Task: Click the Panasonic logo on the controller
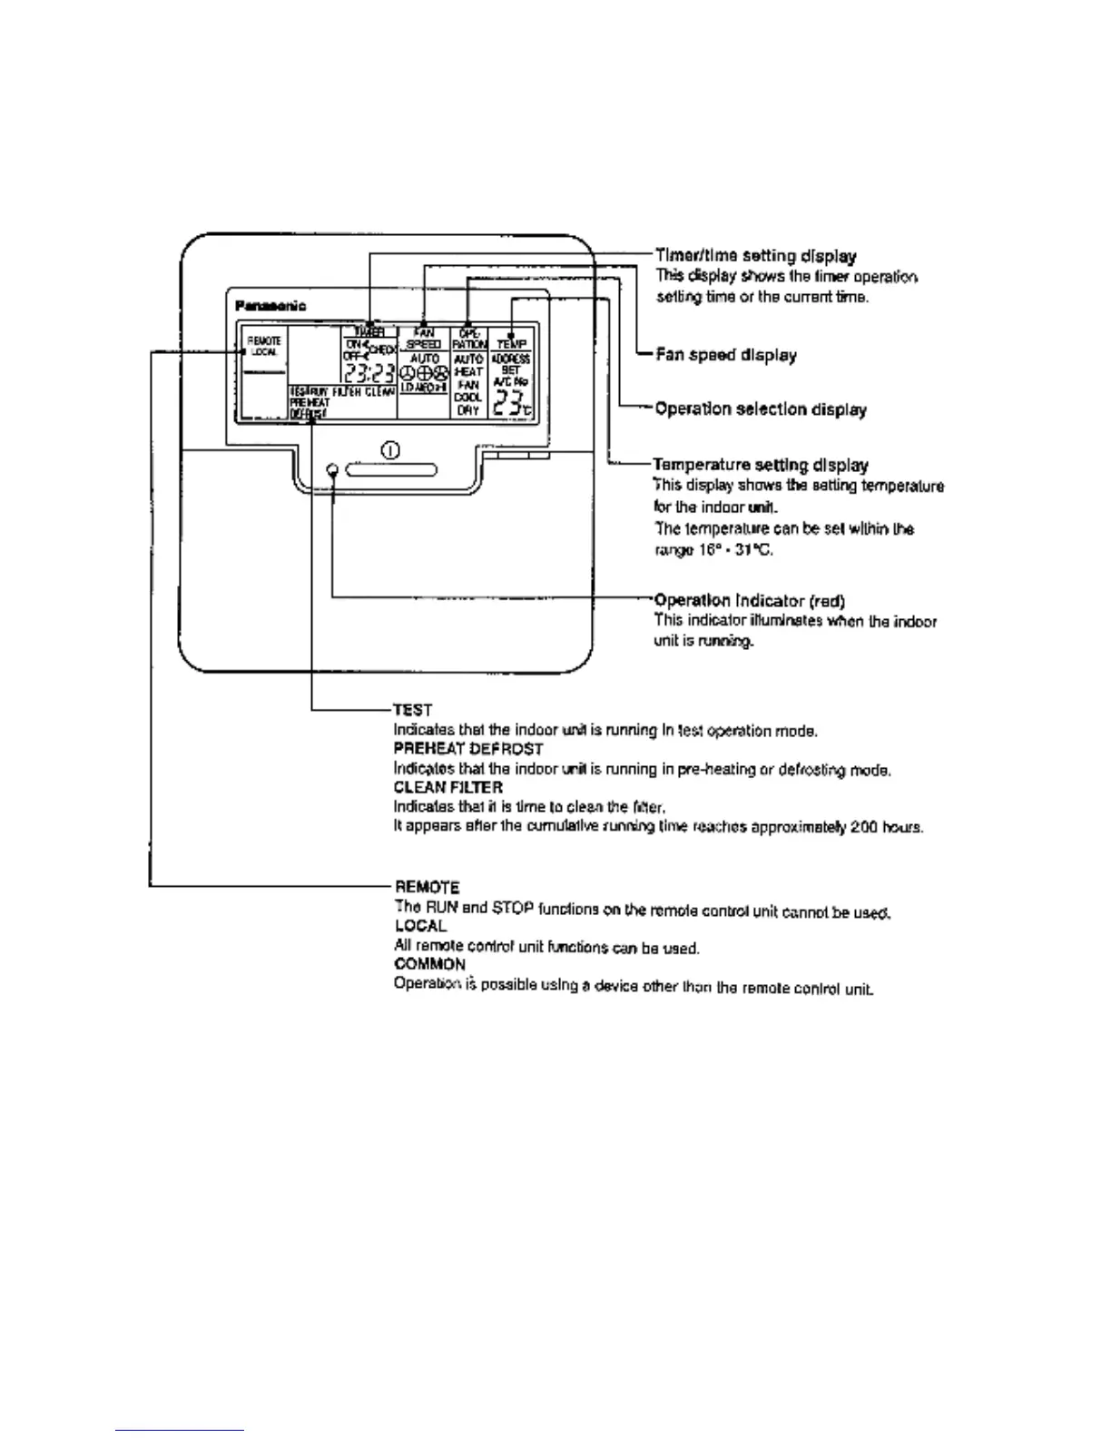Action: click(270, 306)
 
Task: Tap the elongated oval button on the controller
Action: click(392, 470)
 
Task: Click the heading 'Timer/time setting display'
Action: click(756, 257)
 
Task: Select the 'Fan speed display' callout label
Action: click(726, 355)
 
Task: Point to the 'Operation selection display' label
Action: click(761, 409)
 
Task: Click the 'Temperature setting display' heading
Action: click(761, 466)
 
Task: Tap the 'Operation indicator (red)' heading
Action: click(751, 601)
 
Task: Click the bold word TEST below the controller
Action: click(413, 710)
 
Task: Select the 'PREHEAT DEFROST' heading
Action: click(468, 749)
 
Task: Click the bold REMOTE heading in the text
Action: click(428, 887)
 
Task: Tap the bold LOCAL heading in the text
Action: click(421, 926)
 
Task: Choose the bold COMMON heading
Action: click(430, 964)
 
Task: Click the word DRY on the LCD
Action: click(468, 410)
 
